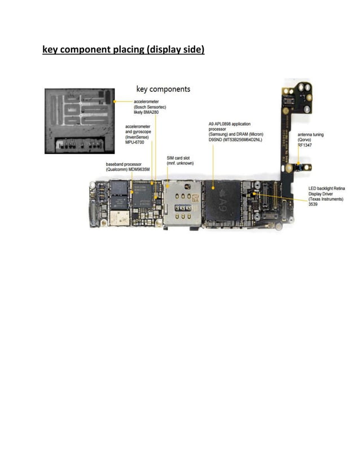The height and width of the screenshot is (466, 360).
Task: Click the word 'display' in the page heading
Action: coord(163,50)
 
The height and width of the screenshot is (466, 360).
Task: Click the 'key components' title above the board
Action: coord(164,89)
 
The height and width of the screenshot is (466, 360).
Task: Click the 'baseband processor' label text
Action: coord(124,164)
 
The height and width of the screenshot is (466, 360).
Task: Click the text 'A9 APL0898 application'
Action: coord(230,124)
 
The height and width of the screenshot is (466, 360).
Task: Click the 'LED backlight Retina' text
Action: coord(327,188)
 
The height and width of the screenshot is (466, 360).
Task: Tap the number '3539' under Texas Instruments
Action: coord(313,204)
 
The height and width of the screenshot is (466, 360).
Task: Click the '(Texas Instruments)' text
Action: coord(327,199)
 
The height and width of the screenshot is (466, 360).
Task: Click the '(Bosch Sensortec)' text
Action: coord(150,107)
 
